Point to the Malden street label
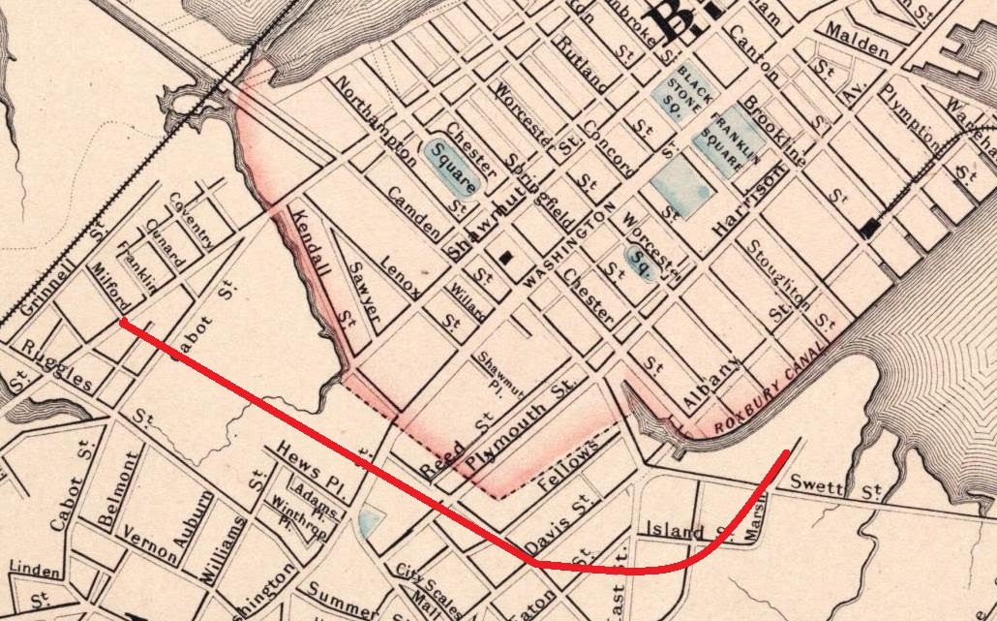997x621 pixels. (x=857, y=47)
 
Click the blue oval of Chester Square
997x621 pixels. (x=449, y=166)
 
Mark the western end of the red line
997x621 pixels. (x=123, y=323)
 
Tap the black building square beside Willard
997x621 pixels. (x=505, y=259)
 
